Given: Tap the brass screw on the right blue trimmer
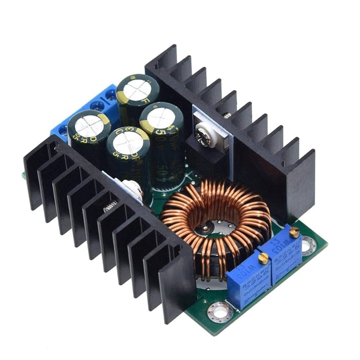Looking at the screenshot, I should pos(294,232).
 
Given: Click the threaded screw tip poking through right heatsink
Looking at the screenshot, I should pos(227,116).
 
